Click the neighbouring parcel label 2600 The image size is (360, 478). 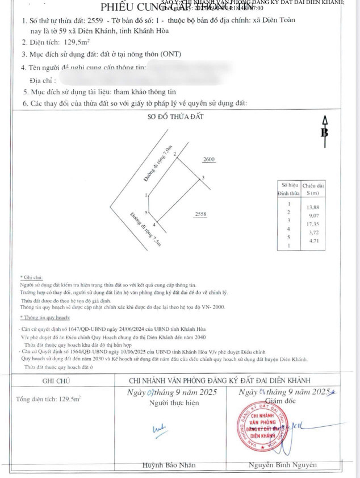[x=209, y=160]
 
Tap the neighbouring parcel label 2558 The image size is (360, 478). [x=200, y=214]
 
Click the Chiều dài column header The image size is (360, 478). [x=313, y=185]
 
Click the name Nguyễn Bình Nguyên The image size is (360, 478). [x=282, y=465]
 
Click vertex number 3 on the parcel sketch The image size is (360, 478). [x=203, y=178]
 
